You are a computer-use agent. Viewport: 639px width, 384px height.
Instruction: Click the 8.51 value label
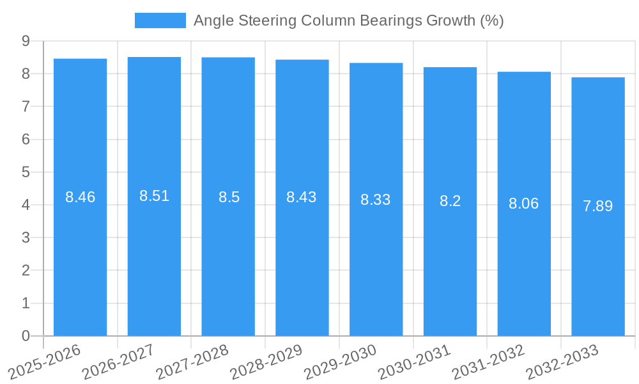pyautogui.click(x=154, y=196)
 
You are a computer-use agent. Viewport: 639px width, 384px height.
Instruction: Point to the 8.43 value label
pyautogui.click(x=302, y=197)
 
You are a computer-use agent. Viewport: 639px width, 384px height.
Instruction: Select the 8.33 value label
pyautogui.click(x=376, y=200)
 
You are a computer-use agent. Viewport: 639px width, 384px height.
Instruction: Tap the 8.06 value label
pyautogui.click(x=524, y=204)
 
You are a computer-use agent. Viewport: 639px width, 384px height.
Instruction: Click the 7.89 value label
pyautogui.click(x=598, y=206)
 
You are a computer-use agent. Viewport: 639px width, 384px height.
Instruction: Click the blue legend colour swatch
pyautogui.click(x=160, y=20)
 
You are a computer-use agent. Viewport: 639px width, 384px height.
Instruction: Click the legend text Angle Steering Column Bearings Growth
pyautogui.click(x=349, y=20)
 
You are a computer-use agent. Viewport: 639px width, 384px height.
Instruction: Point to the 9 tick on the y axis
pyautogui.click(x=26, y=41)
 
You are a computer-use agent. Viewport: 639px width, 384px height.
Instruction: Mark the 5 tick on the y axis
pyautogui.click(x=26, y=172)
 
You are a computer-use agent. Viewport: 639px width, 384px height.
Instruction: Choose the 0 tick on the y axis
pyautogui.click(x=26, y=336)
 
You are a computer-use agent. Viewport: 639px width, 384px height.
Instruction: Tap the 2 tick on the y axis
pyautogui.click(x=26, y=271)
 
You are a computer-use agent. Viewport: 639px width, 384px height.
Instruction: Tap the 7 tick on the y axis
pyautogui.click(x=26, y=106)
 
